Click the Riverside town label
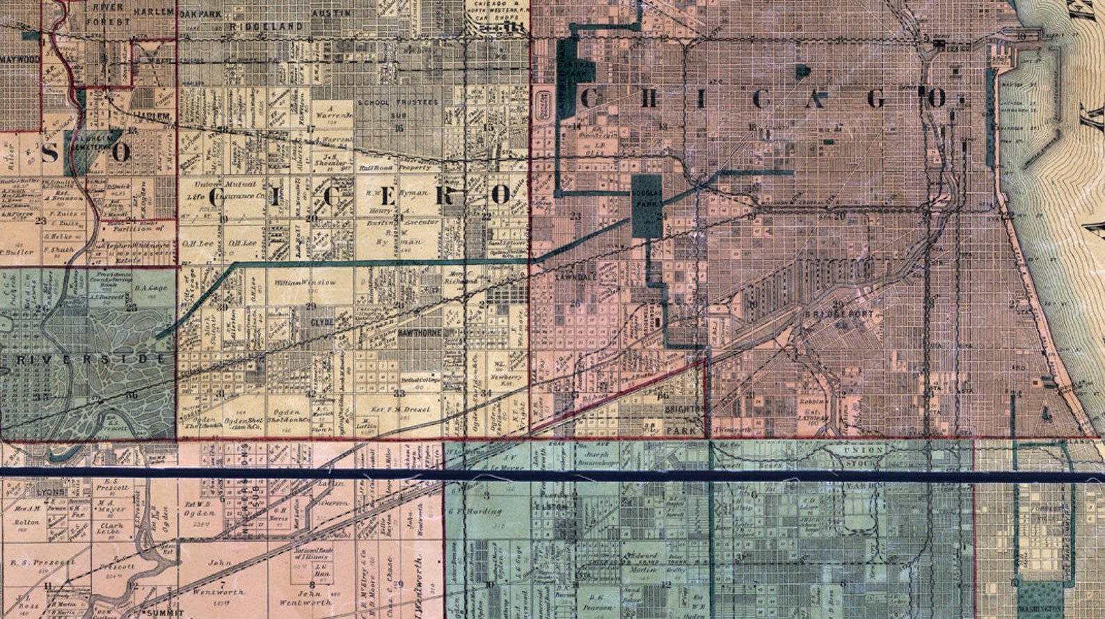coord(84,360)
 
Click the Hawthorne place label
coord(420,334)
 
